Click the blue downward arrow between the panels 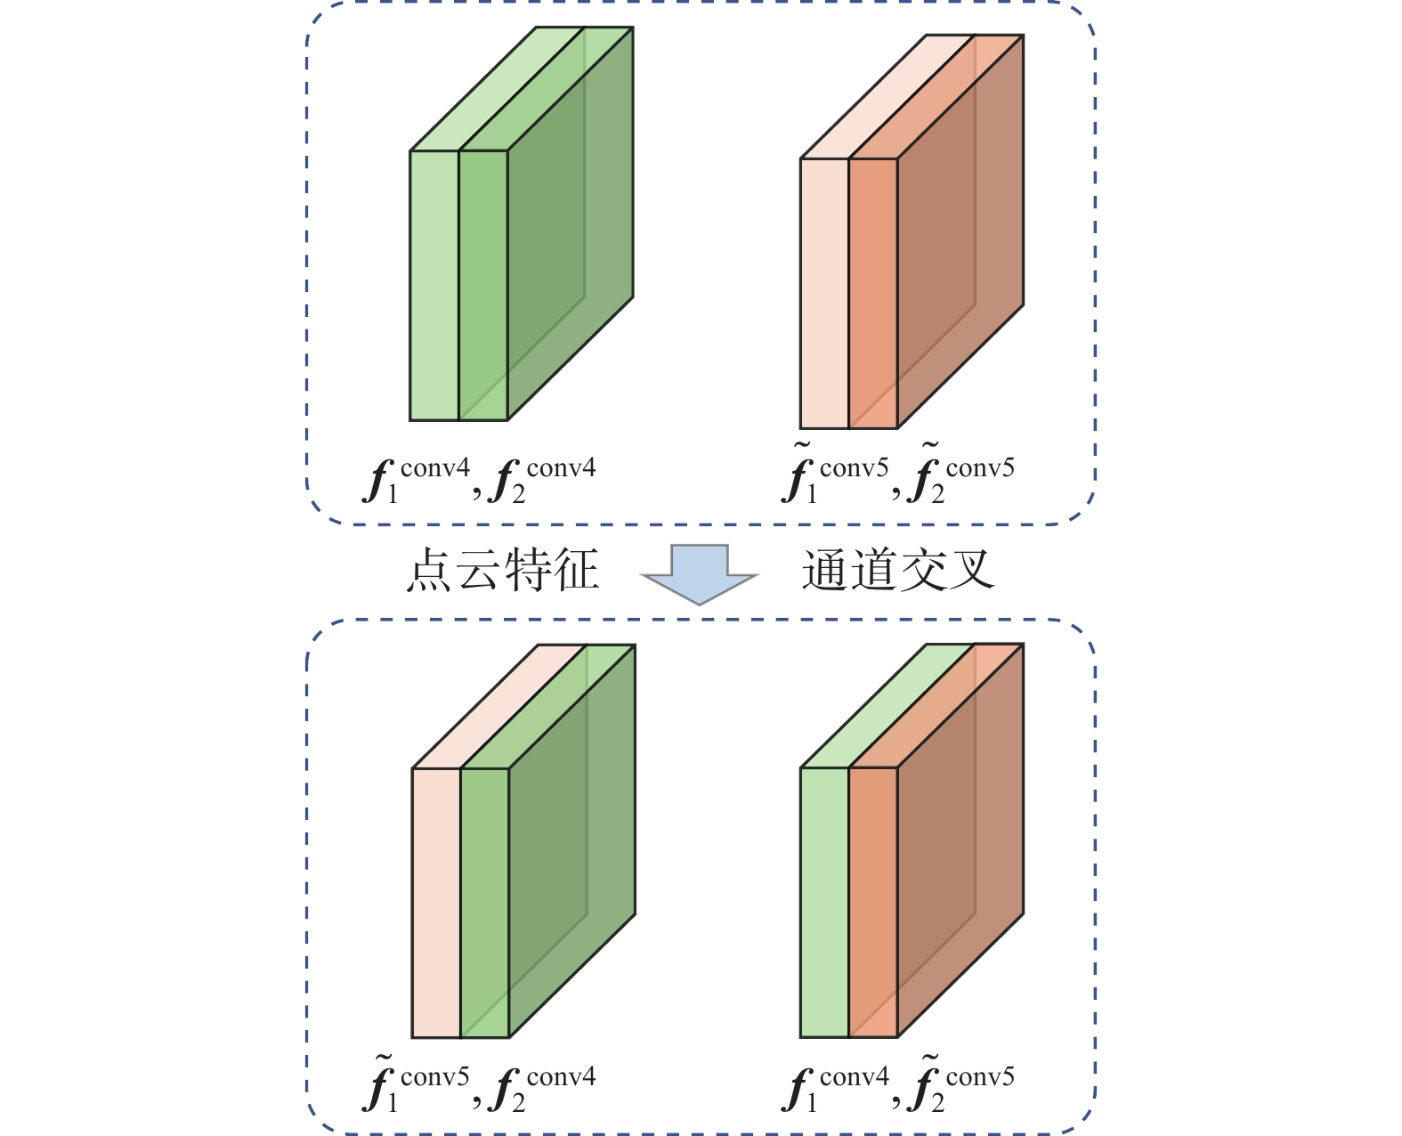pyautogui.click(x=700, y=574)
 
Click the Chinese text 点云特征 pyautogui.click(x=502, y=571)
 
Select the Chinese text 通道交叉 pyautogui.click(x=897, y=571)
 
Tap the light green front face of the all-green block pyautogui.click(x=434, y=285)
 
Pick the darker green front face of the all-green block pyautogui.click(x=483, y=285)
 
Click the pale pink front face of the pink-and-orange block pyautogui.click(x=824, y=293)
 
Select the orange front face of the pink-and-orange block pyautogui.click(x=873, y=293)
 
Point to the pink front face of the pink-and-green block pyautogui.click(x=436, y=902)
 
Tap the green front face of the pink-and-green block pyautogui.click(x=485, y=902)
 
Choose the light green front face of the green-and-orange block pyautogui.click(x=824, y=902)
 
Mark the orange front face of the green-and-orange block pyautogui.click(x=873, y=902)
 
